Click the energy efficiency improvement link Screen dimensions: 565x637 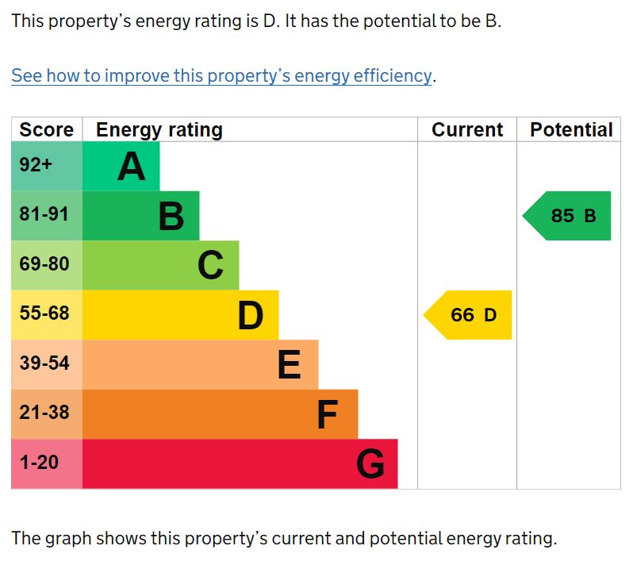[222, 76]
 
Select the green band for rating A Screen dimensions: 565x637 [121, 167]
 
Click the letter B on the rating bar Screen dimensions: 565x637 [171, 216]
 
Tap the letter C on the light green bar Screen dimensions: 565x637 [210, 265]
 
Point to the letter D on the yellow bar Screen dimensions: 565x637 [251, 315]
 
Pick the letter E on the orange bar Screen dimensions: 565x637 [290, 365]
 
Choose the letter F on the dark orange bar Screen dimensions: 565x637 [328, 414]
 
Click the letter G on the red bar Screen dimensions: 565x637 [370, 464]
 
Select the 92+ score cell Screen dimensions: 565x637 [36, 166]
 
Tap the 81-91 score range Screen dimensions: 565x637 [44, 214]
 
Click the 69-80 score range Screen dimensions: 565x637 [44, 264]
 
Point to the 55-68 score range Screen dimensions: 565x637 [44, 313]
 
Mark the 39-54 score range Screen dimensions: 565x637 [44, 363]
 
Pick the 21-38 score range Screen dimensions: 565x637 [44, 413]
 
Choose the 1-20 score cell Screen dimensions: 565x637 [39, 462]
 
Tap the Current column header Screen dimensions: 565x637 [467, 130]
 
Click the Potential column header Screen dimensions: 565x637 [571, 130]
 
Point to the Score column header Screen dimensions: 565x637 [46, 130]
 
